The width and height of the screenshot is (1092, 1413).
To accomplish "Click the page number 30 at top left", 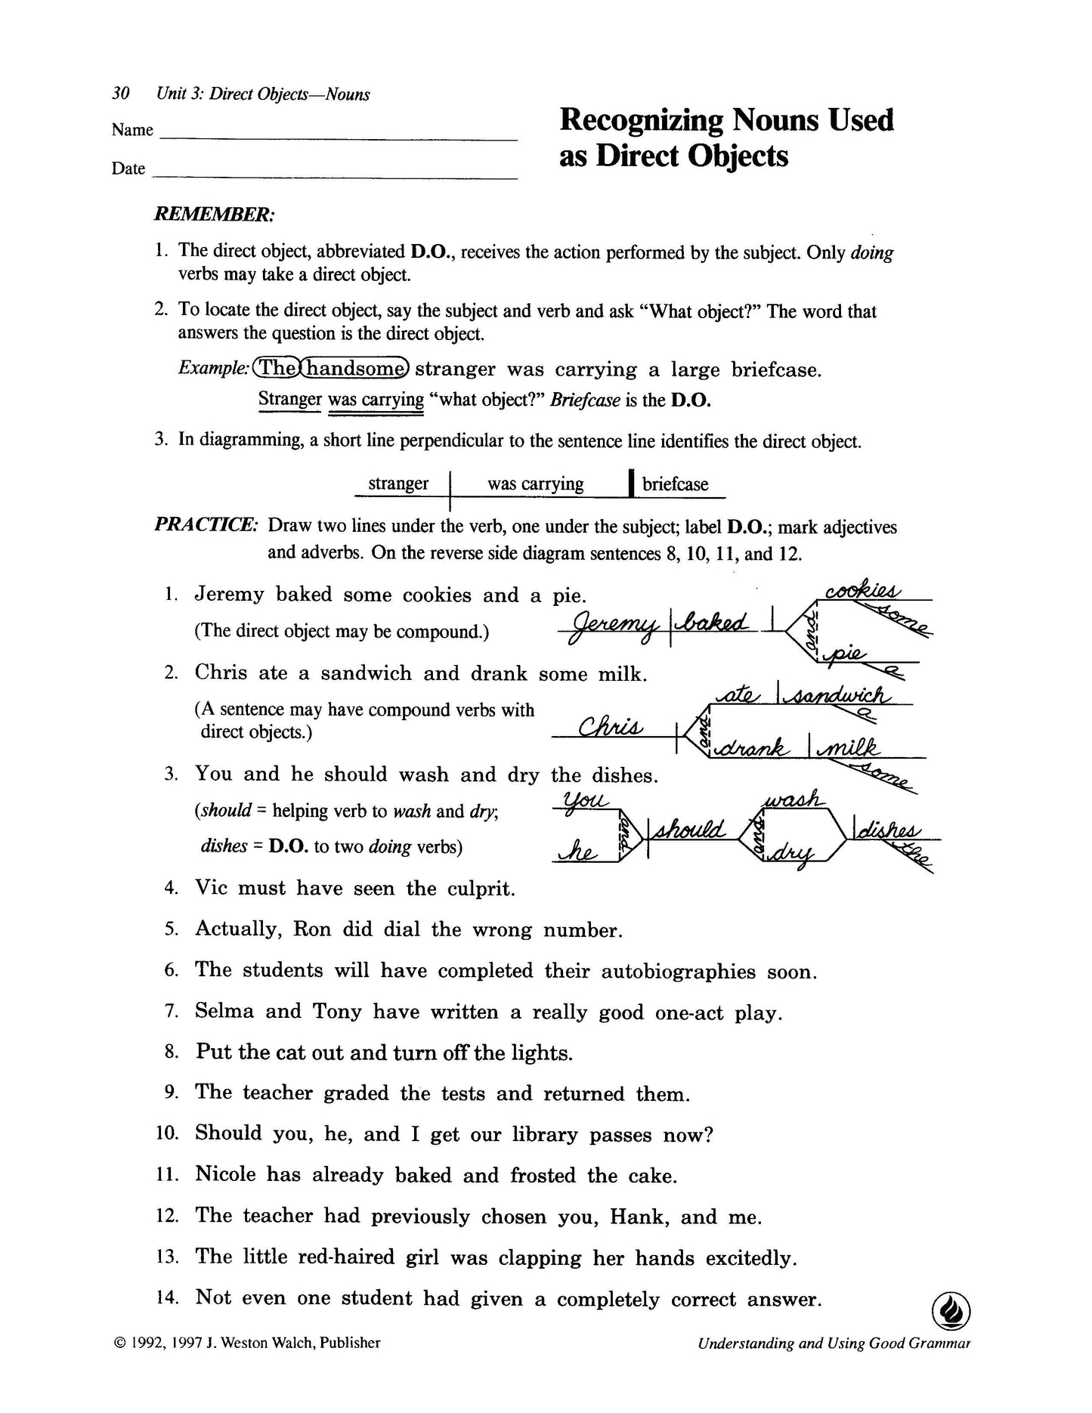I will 121,94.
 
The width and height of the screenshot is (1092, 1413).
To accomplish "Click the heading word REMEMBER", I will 214,215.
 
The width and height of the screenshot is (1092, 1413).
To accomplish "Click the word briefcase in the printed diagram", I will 675,484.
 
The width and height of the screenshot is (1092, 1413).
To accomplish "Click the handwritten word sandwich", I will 839,696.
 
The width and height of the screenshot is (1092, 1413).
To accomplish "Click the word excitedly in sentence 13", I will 751,1258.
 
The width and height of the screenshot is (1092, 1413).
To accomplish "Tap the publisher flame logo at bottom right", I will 951,1309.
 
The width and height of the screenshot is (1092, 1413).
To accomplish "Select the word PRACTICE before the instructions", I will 206,526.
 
